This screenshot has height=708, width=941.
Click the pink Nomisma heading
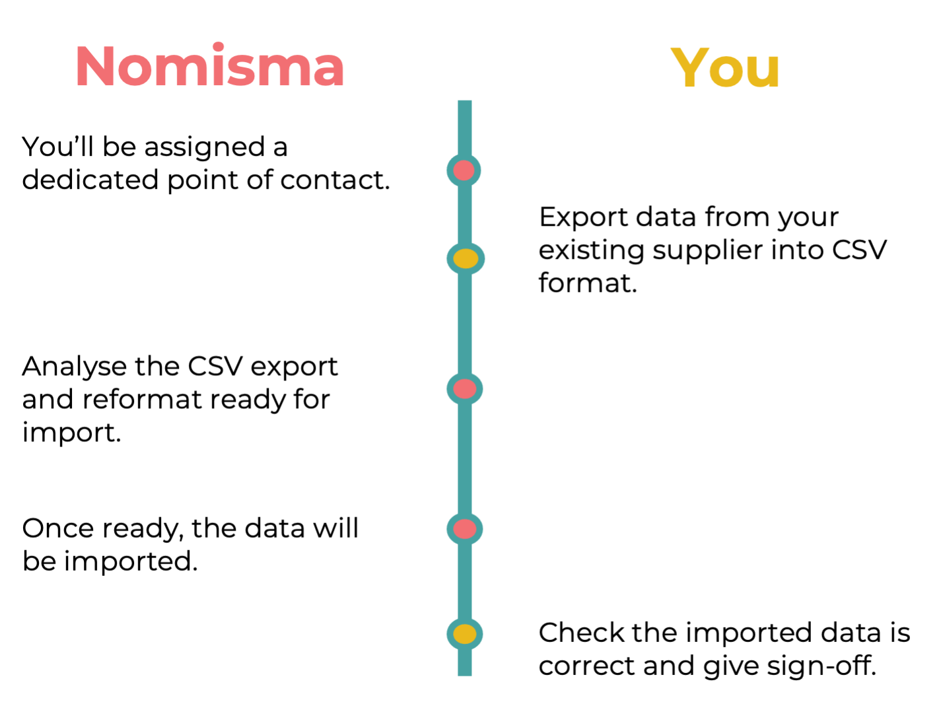click(210, 66)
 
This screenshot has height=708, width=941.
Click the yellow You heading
click(725, 67)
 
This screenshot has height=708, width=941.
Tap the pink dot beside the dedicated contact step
click(464, 170)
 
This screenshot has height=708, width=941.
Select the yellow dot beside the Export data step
click(466, 258)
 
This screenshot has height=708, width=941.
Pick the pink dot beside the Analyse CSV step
click(465, 388)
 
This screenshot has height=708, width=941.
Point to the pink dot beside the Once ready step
click(465, 528)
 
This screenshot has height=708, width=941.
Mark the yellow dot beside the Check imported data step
click(465, 634)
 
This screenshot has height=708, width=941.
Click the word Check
click(580, 633)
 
